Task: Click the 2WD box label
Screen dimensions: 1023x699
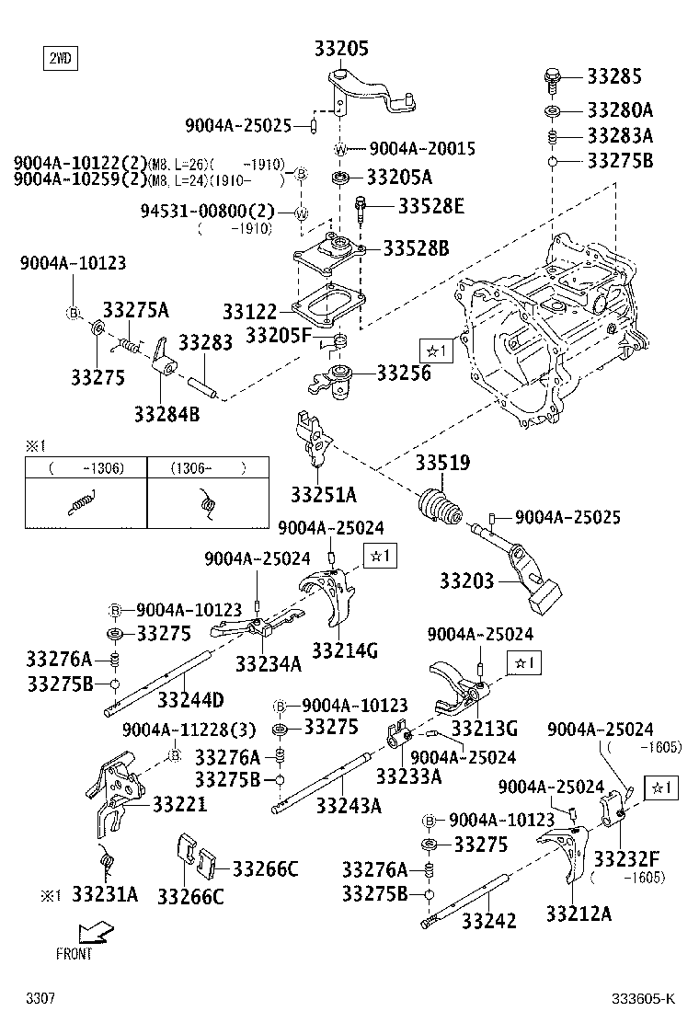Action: (x=60, y=60)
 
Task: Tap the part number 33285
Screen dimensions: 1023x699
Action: (x=629, y=76)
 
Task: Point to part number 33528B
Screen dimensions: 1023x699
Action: (x=416, y=248)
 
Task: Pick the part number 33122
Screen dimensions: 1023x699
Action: (x=251, y=312)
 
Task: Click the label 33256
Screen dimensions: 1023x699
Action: (x=404, y=373)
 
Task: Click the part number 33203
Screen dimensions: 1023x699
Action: (x=466, y=581)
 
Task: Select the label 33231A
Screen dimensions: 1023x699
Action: (x=105, y=894)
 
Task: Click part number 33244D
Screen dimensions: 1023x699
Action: (x=190, y=700)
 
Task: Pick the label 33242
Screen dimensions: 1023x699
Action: (x=488, y=920)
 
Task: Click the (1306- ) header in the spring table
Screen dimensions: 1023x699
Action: (x=209, y=468)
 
